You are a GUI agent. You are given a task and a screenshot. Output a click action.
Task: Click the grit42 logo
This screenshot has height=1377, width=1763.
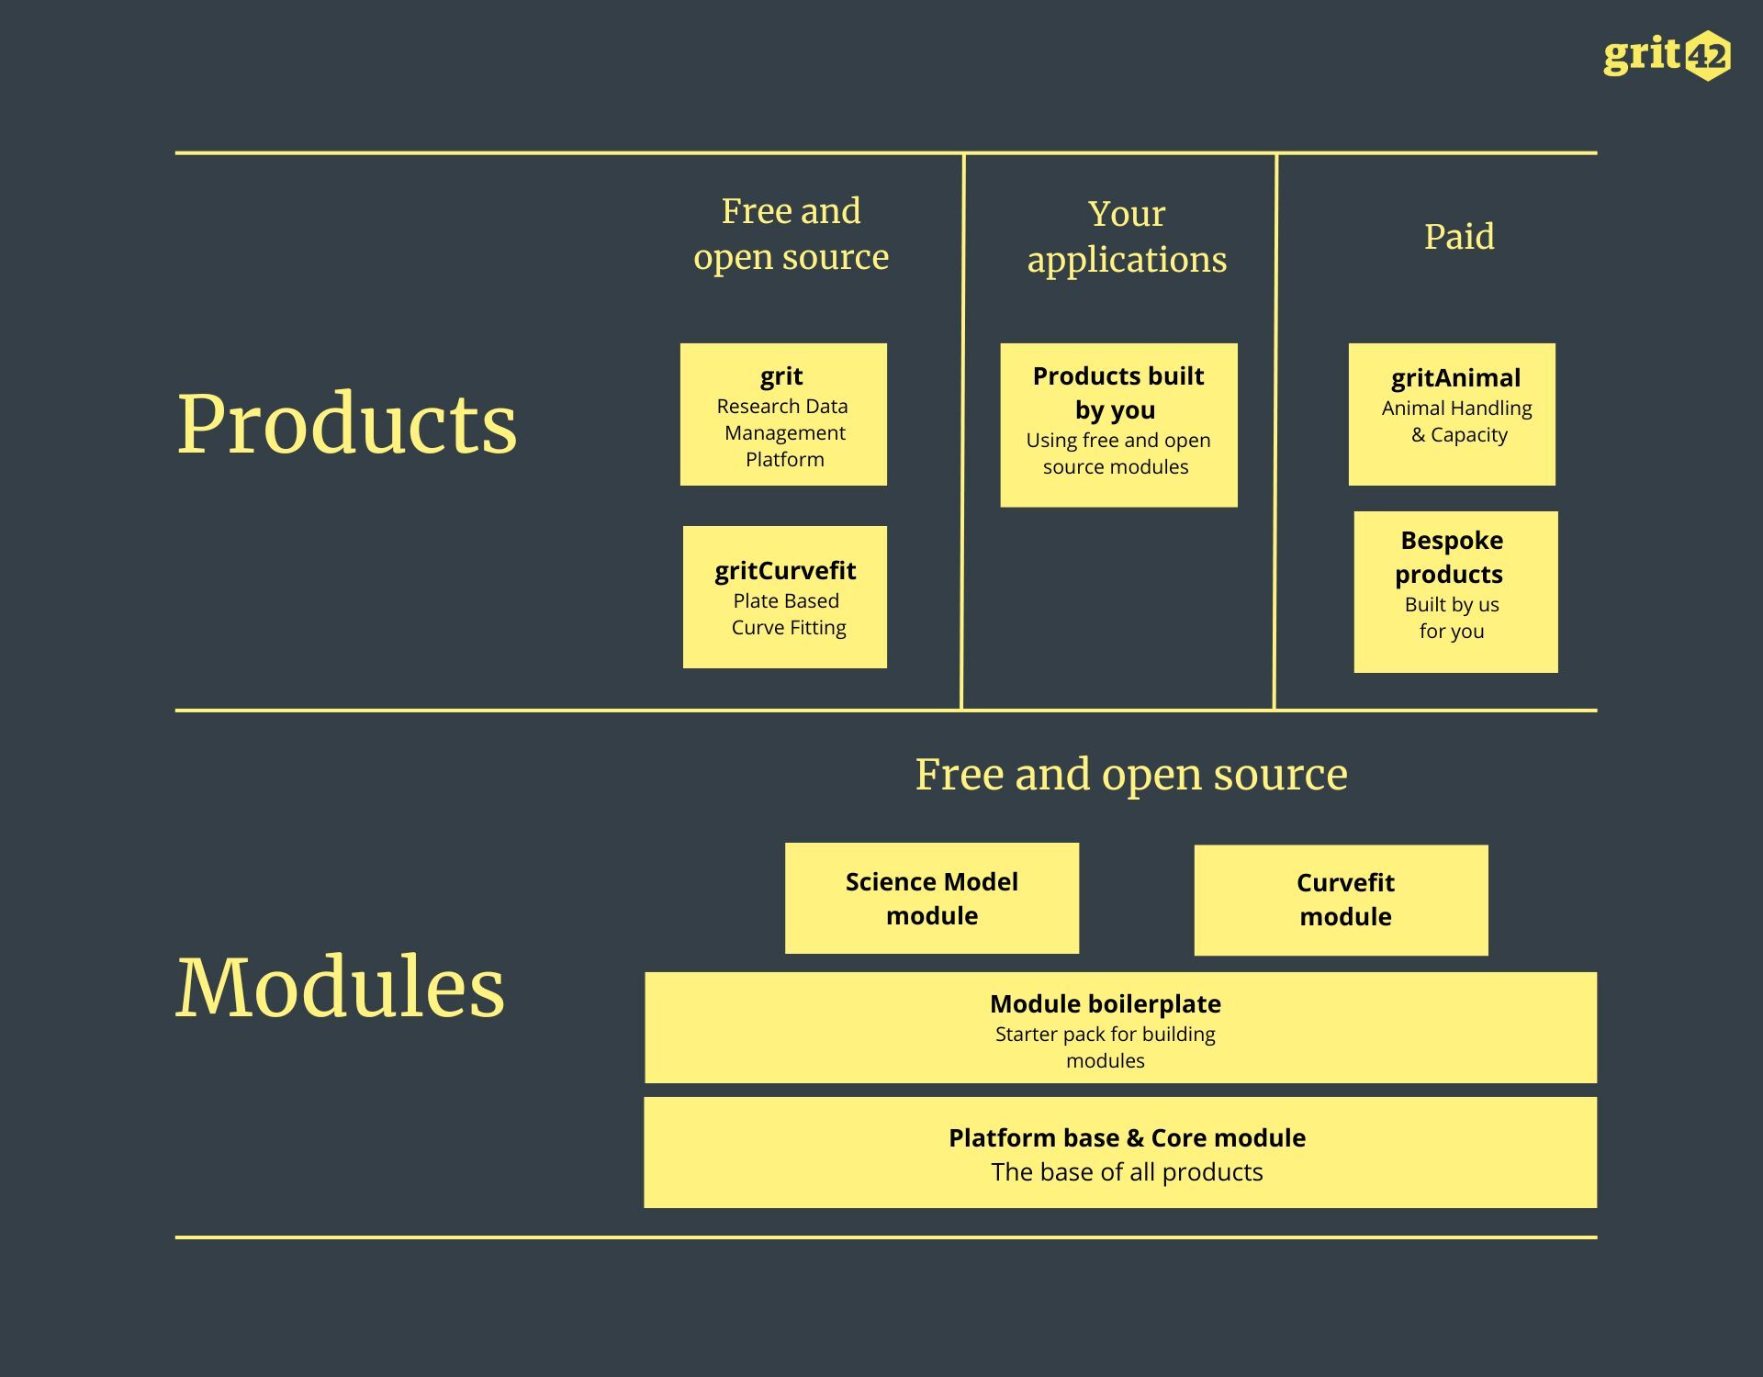1666,56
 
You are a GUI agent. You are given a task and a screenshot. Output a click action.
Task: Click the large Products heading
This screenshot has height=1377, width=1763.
347,423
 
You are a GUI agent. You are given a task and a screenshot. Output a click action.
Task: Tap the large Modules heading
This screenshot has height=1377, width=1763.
340,987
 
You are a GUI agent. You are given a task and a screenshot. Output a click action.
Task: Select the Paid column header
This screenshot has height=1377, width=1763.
1459,237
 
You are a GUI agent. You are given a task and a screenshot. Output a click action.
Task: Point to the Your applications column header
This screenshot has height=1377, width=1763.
1127,237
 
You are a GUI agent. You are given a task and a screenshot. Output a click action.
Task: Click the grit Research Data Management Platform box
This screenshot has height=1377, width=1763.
783,415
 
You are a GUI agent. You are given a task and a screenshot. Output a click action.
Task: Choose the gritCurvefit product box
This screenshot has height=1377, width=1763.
785,597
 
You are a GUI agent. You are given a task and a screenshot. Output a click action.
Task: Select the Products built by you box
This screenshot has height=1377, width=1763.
1118,425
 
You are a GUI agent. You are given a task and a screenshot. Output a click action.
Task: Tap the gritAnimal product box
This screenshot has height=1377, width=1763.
1452,414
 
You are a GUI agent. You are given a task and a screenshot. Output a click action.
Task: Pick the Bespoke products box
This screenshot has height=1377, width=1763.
1455,592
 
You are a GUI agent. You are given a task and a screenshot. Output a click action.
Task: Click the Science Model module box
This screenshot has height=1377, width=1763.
932,898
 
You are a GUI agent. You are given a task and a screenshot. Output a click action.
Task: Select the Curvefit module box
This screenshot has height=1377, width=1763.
1341,900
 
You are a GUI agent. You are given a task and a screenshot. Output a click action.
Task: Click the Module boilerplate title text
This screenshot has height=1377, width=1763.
1106,1004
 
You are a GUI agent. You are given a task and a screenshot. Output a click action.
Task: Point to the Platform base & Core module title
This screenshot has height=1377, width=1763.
1127,1138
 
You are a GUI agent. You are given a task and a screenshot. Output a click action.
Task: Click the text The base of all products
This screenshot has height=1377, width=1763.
1127,1172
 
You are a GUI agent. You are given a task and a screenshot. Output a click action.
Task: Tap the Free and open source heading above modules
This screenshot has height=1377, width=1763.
1131,775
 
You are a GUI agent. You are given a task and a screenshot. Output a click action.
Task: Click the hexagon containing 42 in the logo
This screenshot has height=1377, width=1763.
1708,57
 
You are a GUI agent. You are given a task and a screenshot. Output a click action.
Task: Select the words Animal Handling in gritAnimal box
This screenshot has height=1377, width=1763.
1456,408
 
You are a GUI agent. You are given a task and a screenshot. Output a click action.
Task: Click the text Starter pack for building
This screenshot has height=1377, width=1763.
1106,1035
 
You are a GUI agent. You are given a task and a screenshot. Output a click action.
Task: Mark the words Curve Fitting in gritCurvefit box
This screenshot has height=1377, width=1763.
789,628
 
